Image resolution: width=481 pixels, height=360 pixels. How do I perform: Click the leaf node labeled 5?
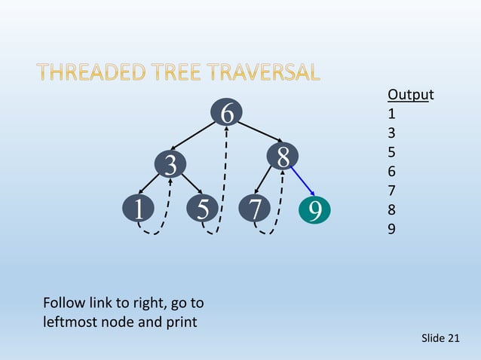pyautogui.click(x=203, y=209)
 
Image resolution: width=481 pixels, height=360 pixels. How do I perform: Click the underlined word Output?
pyautogui.click(x=410, y=95)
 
